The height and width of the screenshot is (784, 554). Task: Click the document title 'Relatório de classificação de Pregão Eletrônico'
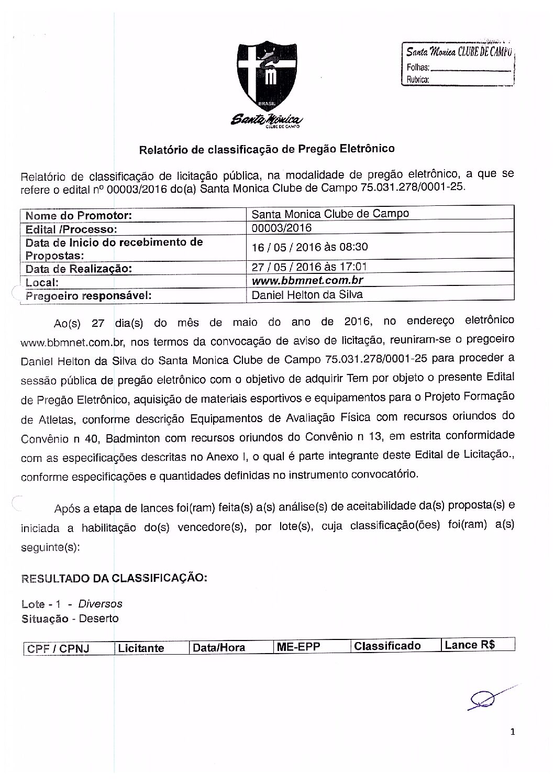(x=267, y=149)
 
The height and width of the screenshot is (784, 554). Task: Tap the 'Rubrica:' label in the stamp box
(x=418, y=80)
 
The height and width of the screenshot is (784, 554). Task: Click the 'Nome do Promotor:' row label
(x=79, y=215)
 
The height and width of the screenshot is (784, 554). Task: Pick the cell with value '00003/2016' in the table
(x=282, y=228)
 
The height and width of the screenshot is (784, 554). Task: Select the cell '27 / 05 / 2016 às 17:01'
(x=309, y=267)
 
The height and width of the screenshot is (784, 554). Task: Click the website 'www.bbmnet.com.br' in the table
(x=307, y=280)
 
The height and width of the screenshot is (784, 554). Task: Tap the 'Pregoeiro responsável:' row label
(x=88, y=295)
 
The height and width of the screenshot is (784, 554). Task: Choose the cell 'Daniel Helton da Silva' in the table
(x=307, y=294)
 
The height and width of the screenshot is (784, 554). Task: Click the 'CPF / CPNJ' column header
(x=58, y=648)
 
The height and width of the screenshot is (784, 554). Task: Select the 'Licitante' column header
(x=141, y=648)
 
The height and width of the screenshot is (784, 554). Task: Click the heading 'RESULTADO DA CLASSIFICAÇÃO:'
(x=114, y=578)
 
